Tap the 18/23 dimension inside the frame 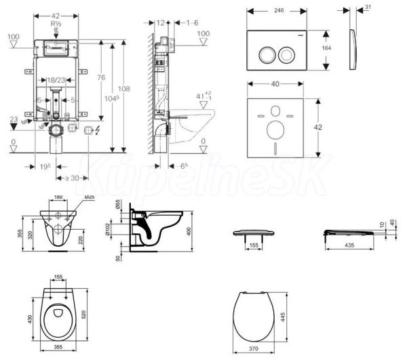(58, 80)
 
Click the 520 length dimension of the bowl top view (99, 317)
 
